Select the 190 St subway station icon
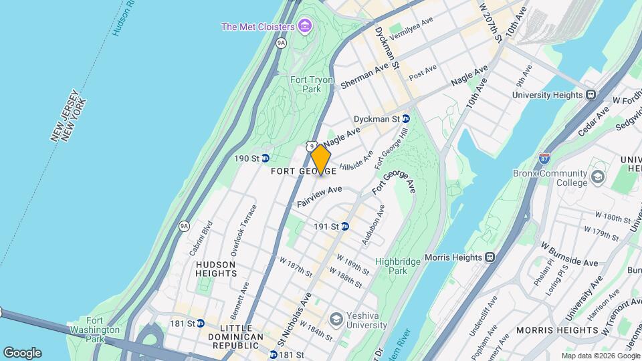(x=265, y=158)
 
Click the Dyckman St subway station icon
(x=406, y=119)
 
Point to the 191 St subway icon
(x=345, y=227)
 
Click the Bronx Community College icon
(x=597, y=178)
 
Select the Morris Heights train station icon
(x=490, y=257)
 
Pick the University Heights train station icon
(x=591, y=95)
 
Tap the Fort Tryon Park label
(x=311, y=84)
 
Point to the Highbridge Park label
(x=391, y=266)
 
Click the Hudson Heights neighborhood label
(x=216, y=269)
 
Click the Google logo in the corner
(x=22, y=352)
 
